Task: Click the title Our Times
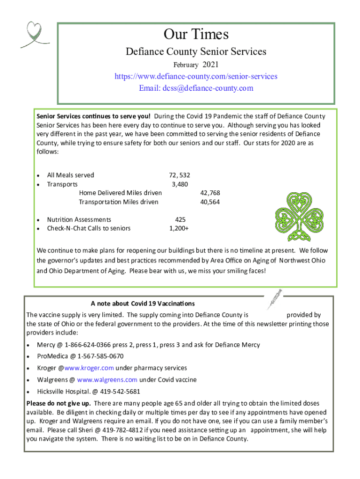[196, 34]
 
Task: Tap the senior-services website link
[196, 76]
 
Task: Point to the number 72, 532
[179, 175]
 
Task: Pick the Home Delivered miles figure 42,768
[210, 193]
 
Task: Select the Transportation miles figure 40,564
[210, 202]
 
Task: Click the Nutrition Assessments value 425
[180, 219]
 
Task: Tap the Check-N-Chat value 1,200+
[179, 228]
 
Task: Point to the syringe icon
[274, 299]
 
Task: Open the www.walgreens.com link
[107, 380]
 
